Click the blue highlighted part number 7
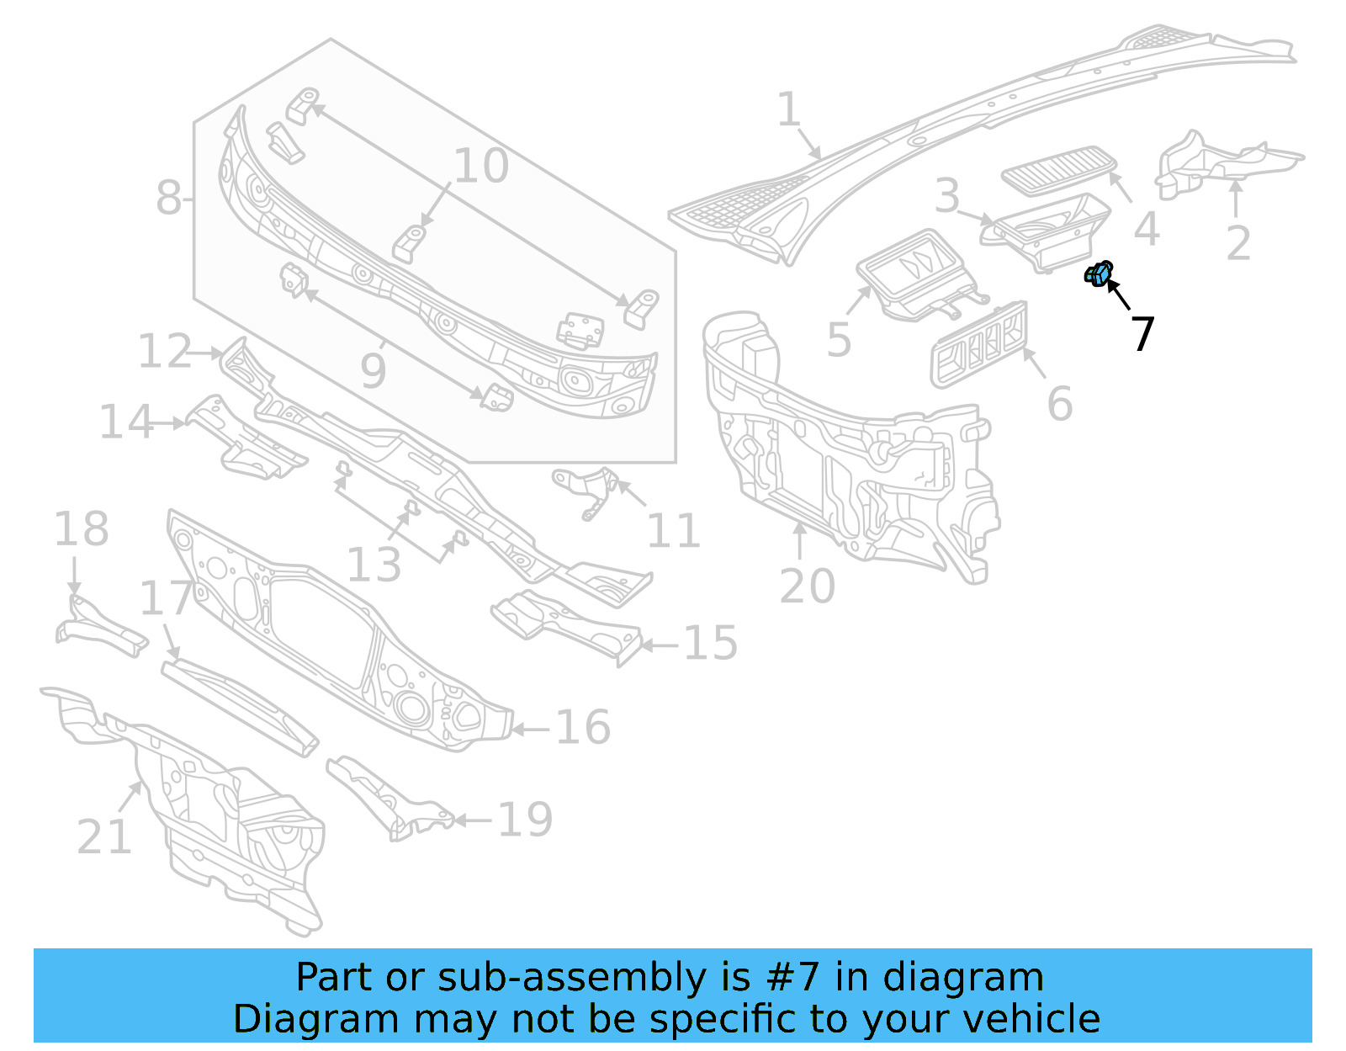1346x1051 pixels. click(x=1099, y=273)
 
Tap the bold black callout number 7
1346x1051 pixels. click(x=1142, y=334)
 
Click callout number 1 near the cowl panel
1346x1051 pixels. click(x=788, y=110)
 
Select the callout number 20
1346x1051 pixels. click(x=806, y=586)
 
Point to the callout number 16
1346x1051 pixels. click(x=582, y=727)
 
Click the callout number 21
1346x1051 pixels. click(x=104, y=836)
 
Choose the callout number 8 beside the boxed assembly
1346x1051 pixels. click(x=168, y=199)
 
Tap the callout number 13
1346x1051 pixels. click(x=374, y=565)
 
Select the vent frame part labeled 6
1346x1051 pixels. click(x=979, y=344)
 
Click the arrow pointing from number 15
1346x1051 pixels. click(x=660, y=645)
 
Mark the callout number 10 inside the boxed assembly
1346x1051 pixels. click(x=481, y=166)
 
